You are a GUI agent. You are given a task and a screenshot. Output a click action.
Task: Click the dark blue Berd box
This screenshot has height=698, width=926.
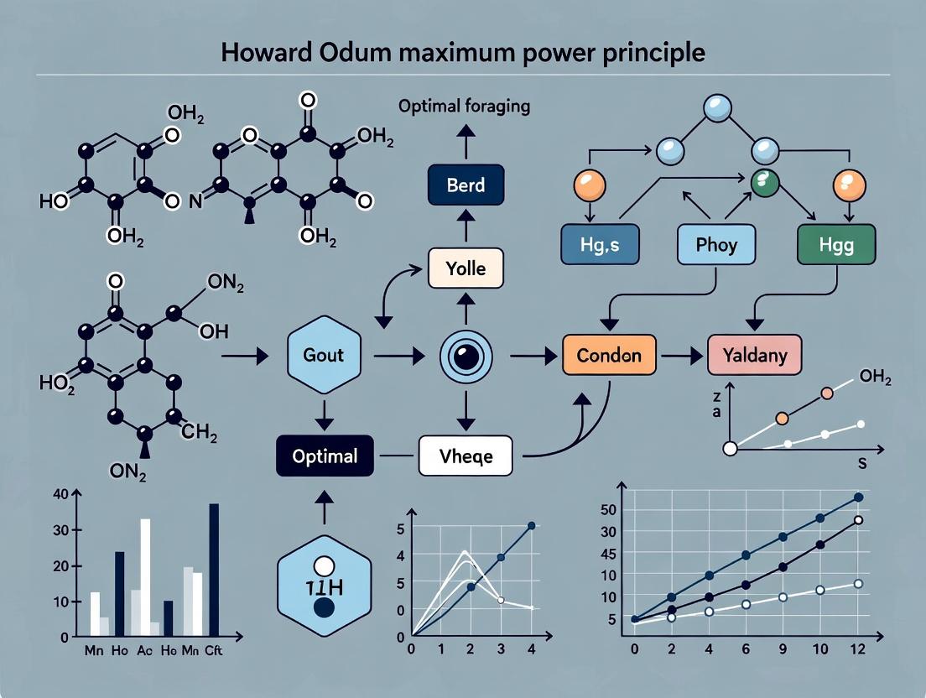point(466,185)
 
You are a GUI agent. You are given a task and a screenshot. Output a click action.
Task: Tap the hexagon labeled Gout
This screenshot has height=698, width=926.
point(323,355)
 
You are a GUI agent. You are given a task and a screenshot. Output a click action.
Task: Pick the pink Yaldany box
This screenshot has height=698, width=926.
point(754,355)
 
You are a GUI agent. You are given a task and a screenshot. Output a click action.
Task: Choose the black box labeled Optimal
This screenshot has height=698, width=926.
point(325,456)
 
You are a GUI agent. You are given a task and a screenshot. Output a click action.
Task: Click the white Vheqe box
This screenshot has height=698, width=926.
point(465,456)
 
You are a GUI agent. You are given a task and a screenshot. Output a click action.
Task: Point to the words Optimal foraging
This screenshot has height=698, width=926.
point(464,107)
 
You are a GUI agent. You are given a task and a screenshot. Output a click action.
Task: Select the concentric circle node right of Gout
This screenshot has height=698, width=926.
point(464,356)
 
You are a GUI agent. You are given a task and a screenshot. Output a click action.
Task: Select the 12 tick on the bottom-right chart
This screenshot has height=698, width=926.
point(857,649)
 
